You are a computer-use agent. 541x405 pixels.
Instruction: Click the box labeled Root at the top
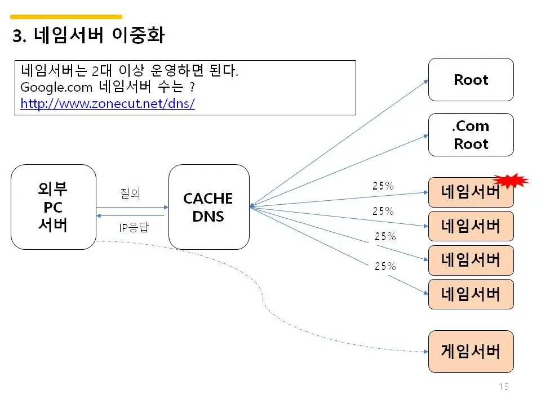[x=471, y=79]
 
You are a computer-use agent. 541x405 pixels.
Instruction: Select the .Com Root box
[x=471, y=135]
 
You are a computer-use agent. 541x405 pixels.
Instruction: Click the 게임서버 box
[x=471, y=352]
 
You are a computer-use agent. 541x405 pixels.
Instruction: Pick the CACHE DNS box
[x=209, y=207]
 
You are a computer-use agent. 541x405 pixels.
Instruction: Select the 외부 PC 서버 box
[x=54, y=207]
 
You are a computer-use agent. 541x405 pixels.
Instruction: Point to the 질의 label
[x=130, y=193]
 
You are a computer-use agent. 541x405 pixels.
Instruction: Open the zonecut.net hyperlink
[x=108, y=104]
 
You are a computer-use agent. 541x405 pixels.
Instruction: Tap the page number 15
[x=503, y=386]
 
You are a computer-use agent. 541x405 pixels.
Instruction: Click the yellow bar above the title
[x=66, y=17]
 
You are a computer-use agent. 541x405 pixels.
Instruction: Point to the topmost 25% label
[x=383, y=186]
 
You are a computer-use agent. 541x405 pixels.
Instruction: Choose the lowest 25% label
[x=385, y=266]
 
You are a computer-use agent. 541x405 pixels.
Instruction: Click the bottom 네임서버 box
[x=471, y=294]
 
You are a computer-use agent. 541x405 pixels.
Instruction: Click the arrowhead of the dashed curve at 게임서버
[x=425, y=352]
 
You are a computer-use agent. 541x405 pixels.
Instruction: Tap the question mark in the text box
[x=192, y=88]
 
